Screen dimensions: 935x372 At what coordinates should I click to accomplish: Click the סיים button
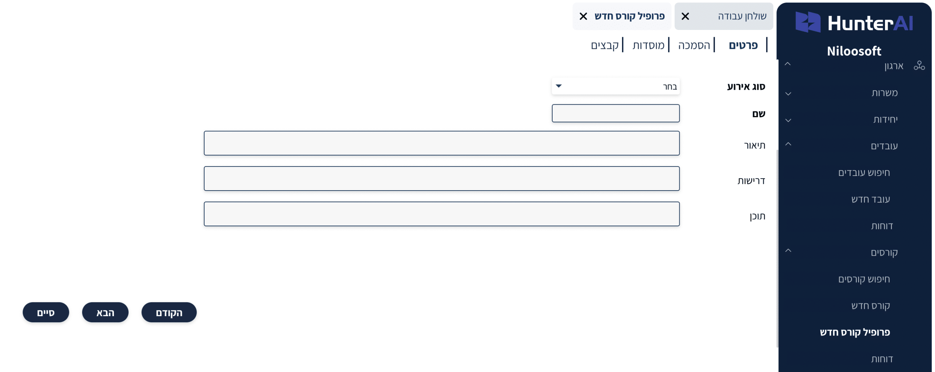46,312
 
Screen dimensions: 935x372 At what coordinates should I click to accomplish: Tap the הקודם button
169,312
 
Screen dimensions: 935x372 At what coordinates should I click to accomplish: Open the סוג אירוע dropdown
615,86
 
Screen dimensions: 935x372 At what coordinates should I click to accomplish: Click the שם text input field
615,113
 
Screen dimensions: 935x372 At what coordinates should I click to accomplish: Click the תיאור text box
442,143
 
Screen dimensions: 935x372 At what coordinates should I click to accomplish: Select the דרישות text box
442,179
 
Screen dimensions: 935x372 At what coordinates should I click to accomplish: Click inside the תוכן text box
442,214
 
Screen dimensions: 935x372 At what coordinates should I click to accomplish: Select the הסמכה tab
694,45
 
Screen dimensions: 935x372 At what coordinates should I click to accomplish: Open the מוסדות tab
648,45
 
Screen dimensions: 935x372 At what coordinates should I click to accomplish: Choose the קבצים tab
604,45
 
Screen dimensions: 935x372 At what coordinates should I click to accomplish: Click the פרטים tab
743,45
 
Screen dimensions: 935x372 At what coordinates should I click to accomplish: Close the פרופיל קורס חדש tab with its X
583,16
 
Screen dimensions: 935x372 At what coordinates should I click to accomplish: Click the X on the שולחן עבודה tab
685,16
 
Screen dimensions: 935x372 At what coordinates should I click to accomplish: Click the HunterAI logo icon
808,22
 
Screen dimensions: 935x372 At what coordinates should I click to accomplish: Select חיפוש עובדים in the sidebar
864,172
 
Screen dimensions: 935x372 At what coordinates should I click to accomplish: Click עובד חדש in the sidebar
870,199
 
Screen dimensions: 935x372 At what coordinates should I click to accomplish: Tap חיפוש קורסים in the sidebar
864,279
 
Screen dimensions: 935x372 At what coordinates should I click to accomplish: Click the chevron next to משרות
788,93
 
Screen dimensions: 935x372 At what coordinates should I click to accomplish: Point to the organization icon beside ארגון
919,65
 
